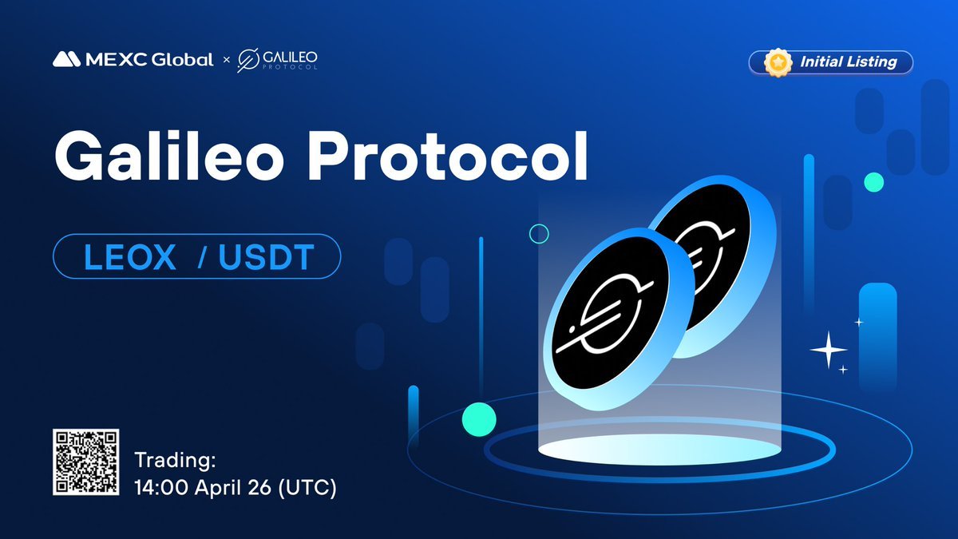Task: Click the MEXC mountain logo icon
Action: pyautogui.click(x=67, y=59)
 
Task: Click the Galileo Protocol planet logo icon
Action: pyautogui.click(x=248, y=61)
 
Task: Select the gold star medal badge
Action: pyautogui.click(x=778, y=62)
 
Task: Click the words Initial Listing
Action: pyautogui.click(x=849, y=62)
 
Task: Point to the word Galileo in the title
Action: pyautogui.click(x=170, y=156)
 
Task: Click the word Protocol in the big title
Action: pyautogui.click(x=448, y=156)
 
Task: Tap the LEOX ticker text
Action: pyautogui.click(x=129, y=256)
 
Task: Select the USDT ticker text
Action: pyautogui.click(x=267, y=256)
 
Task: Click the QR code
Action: pyautogui.click(x=86, y=462)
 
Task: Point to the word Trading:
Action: pyautogui.click(x=175, y=461)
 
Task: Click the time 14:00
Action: pyautogui.click(x=161, y=487)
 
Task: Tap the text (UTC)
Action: pyautogui.click(x=307, y=487)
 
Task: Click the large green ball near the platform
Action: pyautogui.click(x=479, y=419)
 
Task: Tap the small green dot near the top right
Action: pyautogui.click(x=873, y=182)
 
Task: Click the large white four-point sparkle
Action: pyautogui.click(x=829, y=350)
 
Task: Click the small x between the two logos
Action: pyautogui.click(x=227, y=60)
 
